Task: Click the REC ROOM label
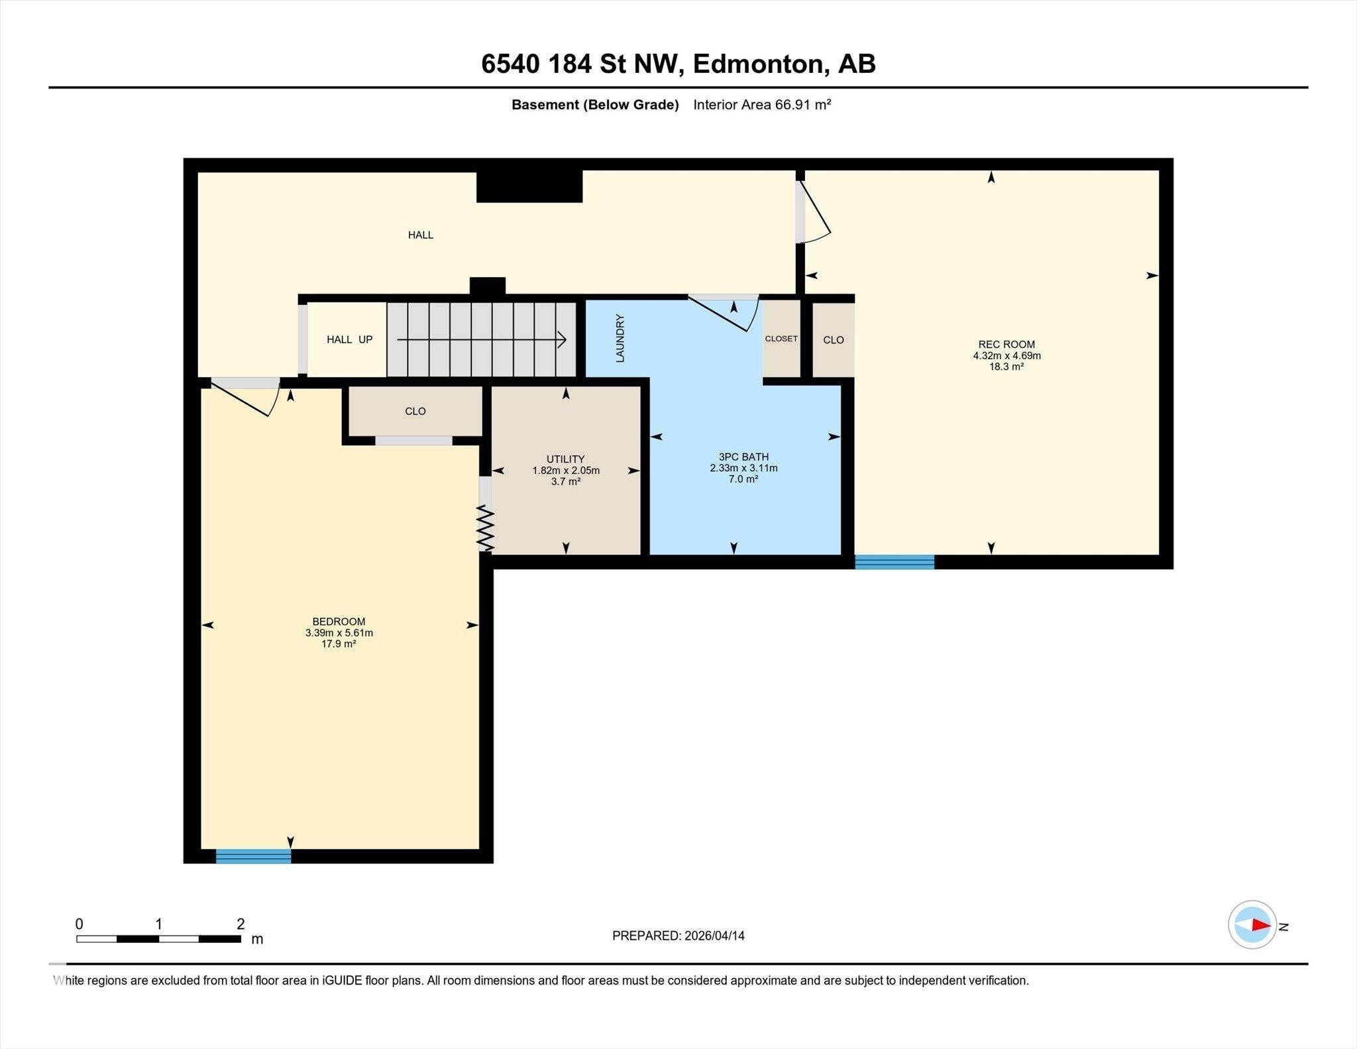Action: (1006, 344)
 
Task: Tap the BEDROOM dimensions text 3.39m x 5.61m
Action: (339, 633)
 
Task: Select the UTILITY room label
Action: (565, 459)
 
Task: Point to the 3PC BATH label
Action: (743, 457)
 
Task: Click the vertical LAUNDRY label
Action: (620, 338)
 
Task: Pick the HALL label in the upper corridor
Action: (421, 235)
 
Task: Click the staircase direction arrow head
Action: (562, 340)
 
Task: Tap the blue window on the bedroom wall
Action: (253, 856)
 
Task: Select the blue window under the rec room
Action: (895, 562)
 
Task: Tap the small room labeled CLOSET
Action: (781, 339)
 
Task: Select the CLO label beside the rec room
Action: (833, 340)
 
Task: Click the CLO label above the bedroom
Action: (415, 411)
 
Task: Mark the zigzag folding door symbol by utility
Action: (486, 528)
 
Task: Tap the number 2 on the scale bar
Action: (241, 924)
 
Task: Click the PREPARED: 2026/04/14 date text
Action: (678, 936)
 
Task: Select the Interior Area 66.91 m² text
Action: (762, 105)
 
